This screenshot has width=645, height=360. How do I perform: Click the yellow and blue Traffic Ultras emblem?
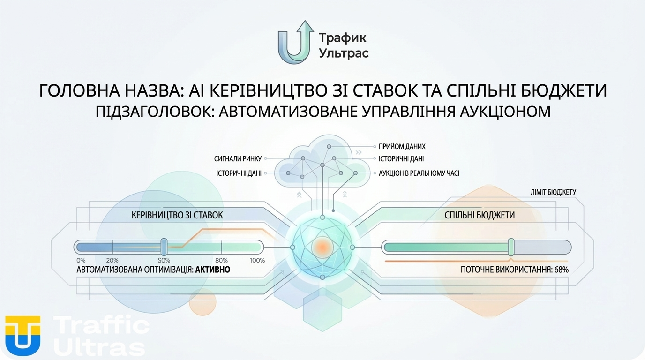click(x=22, y=335)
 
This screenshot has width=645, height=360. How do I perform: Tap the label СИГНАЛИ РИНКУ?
click(x=238, y=159)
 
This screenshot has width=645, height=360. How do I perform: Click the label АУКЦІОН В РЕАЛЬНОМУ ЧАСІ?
click(x=419, y=173)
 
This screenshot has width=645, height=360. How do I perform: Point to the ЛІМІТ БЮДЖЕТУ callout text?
click(x=553, y=192)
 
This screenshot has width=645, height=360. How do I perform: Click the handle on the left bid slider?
click(x=164, y=247)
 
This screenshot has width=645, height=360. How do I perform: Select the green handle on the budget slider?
click(x=511, y=247)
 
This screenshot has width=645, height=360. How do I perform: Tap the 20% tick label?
click(x=112, y=260)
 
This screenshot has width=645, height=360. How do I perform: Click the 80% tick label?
click(x=221, y=260)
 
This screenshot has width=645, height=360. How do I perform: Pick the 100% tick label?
click(x=257, y=260)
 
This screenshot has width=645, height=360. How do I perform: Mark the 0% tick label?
click(x=81, y=260)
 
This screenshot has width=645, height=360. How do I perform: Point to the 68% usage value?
click(x=561, y=270)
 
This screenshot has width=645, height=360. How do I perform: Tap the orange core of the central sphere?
click(x=322, y=247)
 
